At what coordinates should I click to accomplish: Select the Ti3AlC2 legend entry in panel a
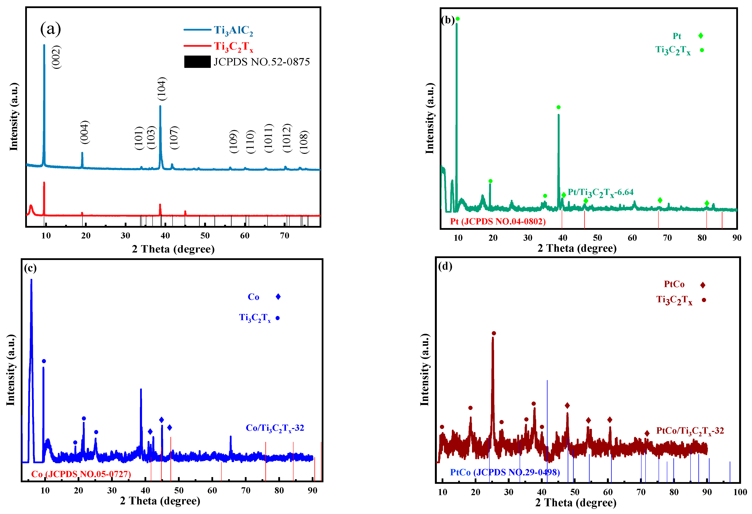pyautogui.click(x=233, y=30)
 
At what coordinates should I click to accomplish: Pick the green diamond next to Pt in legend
pyautogui.click(x=700, y=36)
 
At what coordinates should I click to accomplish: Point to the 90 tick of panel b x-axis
pyautogui.click(x=737, y=238)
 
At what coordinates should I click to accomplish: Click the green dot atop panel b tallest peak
pyautogui.click(x=458, y=19)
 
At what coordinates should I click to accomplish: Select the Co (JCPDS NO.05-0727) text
pyautogui.click(x=81, y=474)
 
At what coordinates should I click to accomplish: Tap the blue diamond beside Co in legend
pyautogui.click(x=278, y=297)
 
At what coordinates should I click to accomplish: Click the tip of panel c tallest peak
pyautogui.click(x=31, y=280)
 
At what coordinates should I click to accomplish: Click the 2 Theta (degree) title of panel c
pyautogui.click(x=160, y=501)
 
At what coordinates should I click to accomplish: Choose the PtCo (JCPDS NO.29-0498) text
pyautogui.click(x=505, y=472)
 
